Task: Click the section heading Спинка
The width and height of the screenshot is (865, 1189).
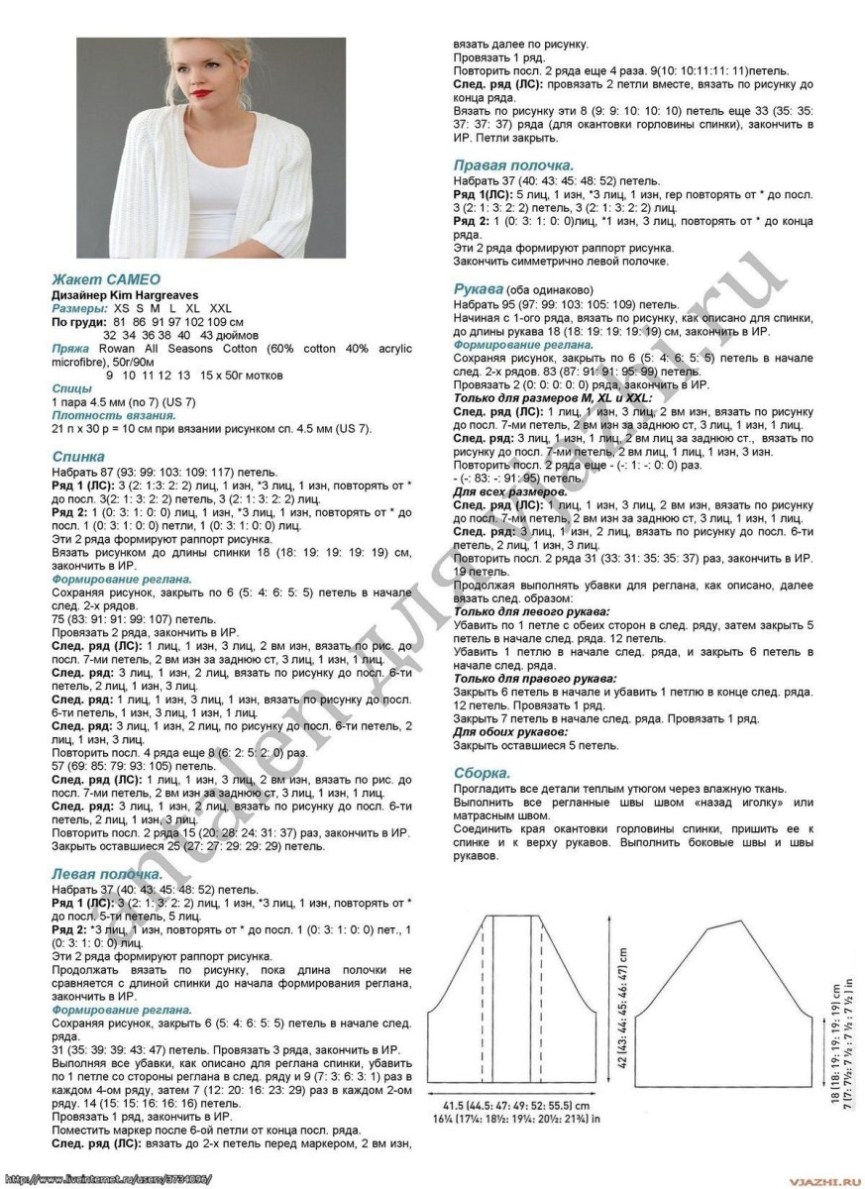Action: coord(78,457)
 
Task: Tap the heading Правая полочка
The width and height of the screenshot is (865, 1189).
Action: coord(512,164)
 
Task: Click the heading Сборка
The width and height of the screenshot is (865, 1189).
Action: coord(483,772)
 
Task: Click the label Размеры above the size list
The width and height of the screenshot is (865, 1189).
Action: coord(79,308)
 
